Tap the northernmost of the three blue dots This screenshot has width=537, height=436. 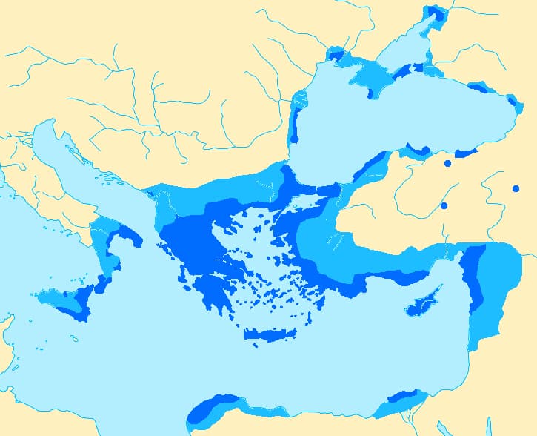pos(447,163)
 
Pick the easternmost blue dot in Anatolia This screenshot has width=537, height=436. pos(516,188)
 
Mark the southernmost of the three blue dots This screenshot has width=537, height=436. pos(444,205)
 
